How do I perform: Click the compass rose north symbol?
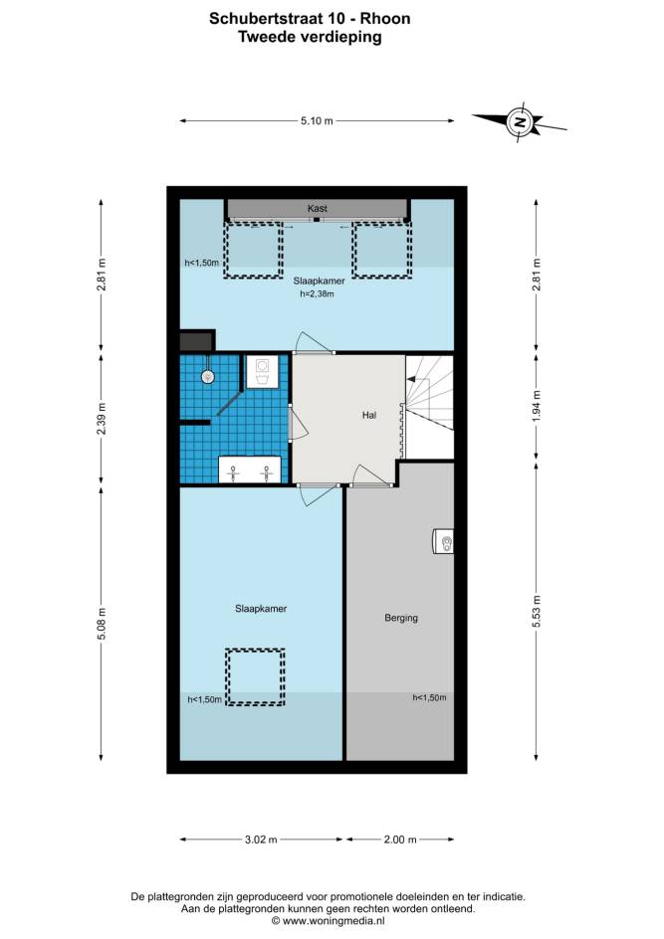click(520, 121)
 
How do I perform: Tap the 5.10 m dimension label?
click(317, 121)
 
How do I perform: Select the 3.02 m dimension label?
click(261, 840)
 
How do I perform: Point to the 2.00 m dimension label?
click(400, 840)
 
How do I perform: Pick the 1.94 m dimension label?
click(537, 406)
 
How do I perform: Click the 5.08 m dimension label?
click(102, 624)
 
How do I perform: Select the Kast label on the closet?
click(317, 209)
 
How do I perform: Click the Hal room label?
click(369, 415)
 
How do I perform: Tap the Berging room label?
click(401, 618)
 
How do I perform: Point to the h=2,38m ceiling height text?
click(317, 294)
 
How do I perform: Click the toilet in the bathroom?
click(262, 372)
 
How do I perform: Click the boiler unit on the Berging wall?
click(443, 542)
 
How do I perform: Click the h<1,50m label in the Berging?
click(429, 697)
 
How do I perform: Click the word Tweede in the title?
click(267, 37)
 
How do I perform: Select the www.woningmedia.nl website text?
click(333, 921)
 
